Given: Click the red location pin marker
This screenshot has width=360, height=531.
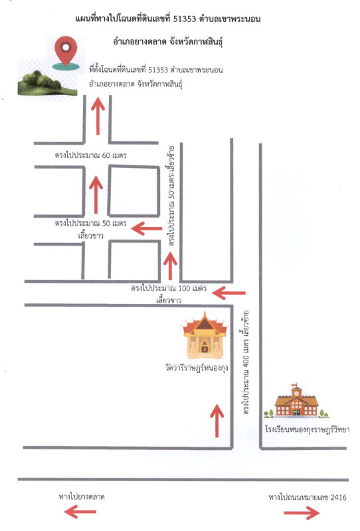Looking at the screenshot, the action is [66, 52].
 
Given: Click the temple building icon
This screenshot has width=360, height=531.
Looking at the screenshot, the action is [205, 335].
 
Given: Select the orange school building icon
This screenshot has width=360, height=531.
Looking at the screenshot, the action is [296, 402].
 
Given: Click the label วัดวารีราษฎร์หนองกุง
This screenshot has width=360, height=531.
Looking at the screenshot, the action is [197, 368].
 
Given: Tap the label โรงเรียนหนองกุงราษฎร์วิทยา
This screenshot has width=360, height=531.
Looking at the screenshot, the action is [307, 429].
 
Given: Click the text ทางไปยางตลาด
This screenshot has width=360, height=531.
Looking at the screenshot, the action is [81, 496].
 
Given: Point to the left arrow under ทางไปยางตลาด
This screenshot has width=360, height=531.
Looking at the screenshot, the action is [80, 512].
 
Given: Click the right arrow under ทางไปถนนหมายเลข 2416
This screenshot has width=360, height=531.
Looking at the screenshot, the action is [302, 512].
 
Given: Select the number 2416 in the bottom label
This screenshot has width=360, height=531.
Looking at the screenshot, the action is [338, 497].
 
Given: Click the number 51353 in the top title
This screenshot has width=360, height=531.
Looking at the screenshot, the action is [185, 19].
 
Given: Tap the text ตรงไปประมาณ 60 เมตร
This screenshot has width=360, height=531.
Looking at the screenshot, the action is [90, 155].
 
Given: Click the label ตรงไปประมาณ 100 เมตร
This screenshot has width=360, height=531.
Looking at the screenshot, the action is [169, 289].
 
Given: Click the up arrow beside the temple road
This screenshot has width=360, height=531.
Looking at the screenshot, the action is [217, 420].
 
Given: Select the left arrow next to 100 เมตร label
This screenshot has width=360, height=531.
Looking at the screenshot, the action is [228, 293].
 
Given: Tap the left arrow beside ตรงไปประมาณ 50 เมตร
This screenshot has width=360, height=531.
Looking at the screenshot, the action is [147, 228].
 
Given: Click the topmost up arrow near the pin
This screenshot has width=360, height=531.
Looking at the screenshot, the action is [98, 115].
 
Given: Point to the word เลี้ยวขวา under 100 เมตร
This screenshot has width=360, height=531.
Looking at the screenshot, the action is [169, 301].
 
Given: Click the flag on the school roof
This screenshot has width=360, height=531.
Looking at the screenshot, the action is [294, 385].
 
